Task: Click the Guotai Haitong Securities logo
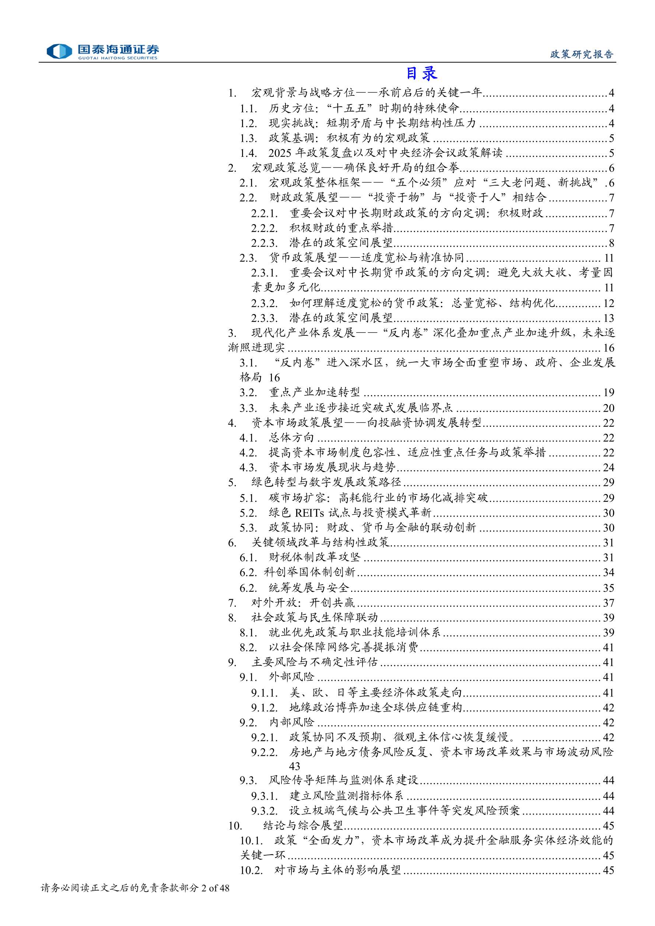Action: point(102,51)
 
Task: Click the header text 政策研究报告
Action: point(582,54)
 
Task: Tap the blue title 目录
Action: point(421,73)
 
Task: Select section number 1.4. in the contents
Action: point(248,153)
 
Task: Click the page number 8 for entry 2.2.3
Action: point(611,243)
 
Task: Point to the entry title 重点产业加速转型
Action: point(314,392)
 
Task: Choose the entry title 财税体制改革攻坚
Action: point(314,557)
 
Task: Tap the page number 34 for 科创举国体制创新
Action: point(608,572)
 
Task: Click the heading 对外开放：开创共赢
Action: point(303,603)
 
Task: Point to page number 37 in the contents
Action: point(608,603)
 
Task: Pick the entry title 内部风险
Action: point(291,722)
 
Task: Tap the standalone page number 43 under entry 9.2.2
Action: point(295,766)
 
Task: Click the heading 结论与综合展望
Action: point(303,825)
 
